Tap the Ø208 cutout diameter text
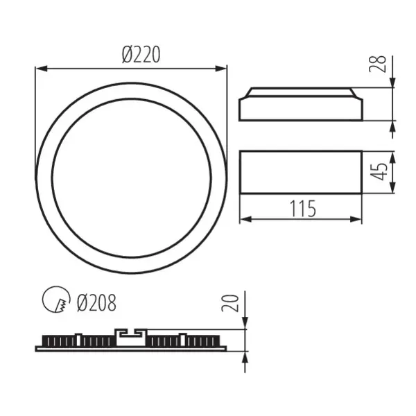click(96, 302)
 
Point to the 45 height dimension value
click(377, 172)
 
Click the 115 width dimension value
click(301, 207)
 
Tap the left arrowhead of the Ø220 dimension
click(40, 69)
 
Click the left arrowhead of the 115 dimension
click(244, 220)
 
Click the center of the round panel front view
click(131, 178)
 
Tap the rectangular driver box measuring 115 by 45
click(300, 172)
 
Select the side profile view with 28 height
click(300, 105)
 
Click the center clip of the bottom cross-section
click(131, 337)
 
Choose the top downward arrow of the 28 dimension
click(392, 83)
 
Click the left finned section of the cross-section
click(76, 342)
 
